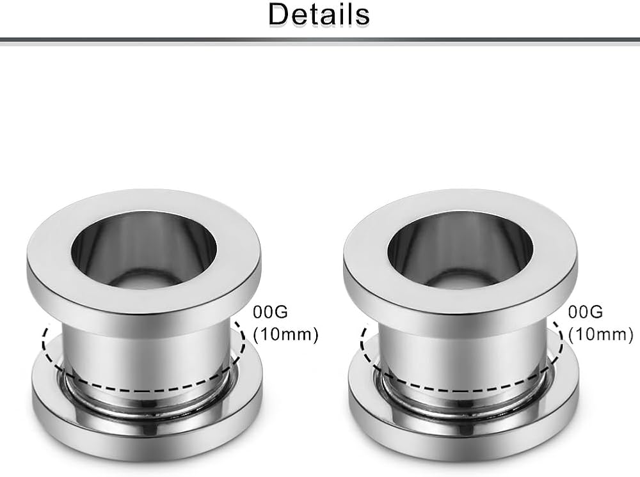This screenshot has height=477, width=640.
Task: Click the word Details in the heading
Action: coord(319,15)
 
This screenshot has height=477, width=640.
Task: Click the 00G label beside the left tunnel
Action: coord(270,312)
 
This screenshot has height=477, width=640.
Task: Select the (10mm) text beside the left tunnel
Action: coord(285,334)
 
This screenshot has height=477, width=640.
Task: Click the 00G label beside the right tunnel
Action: coord(586,312)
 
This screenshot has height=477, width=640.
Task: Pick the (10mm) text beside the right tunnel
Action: coord(601,334)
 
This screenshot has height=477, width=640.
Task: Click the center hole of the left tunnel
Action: coord(143,249)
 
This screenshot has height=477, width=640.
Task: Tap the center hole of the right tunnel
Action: coord(460,249)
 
